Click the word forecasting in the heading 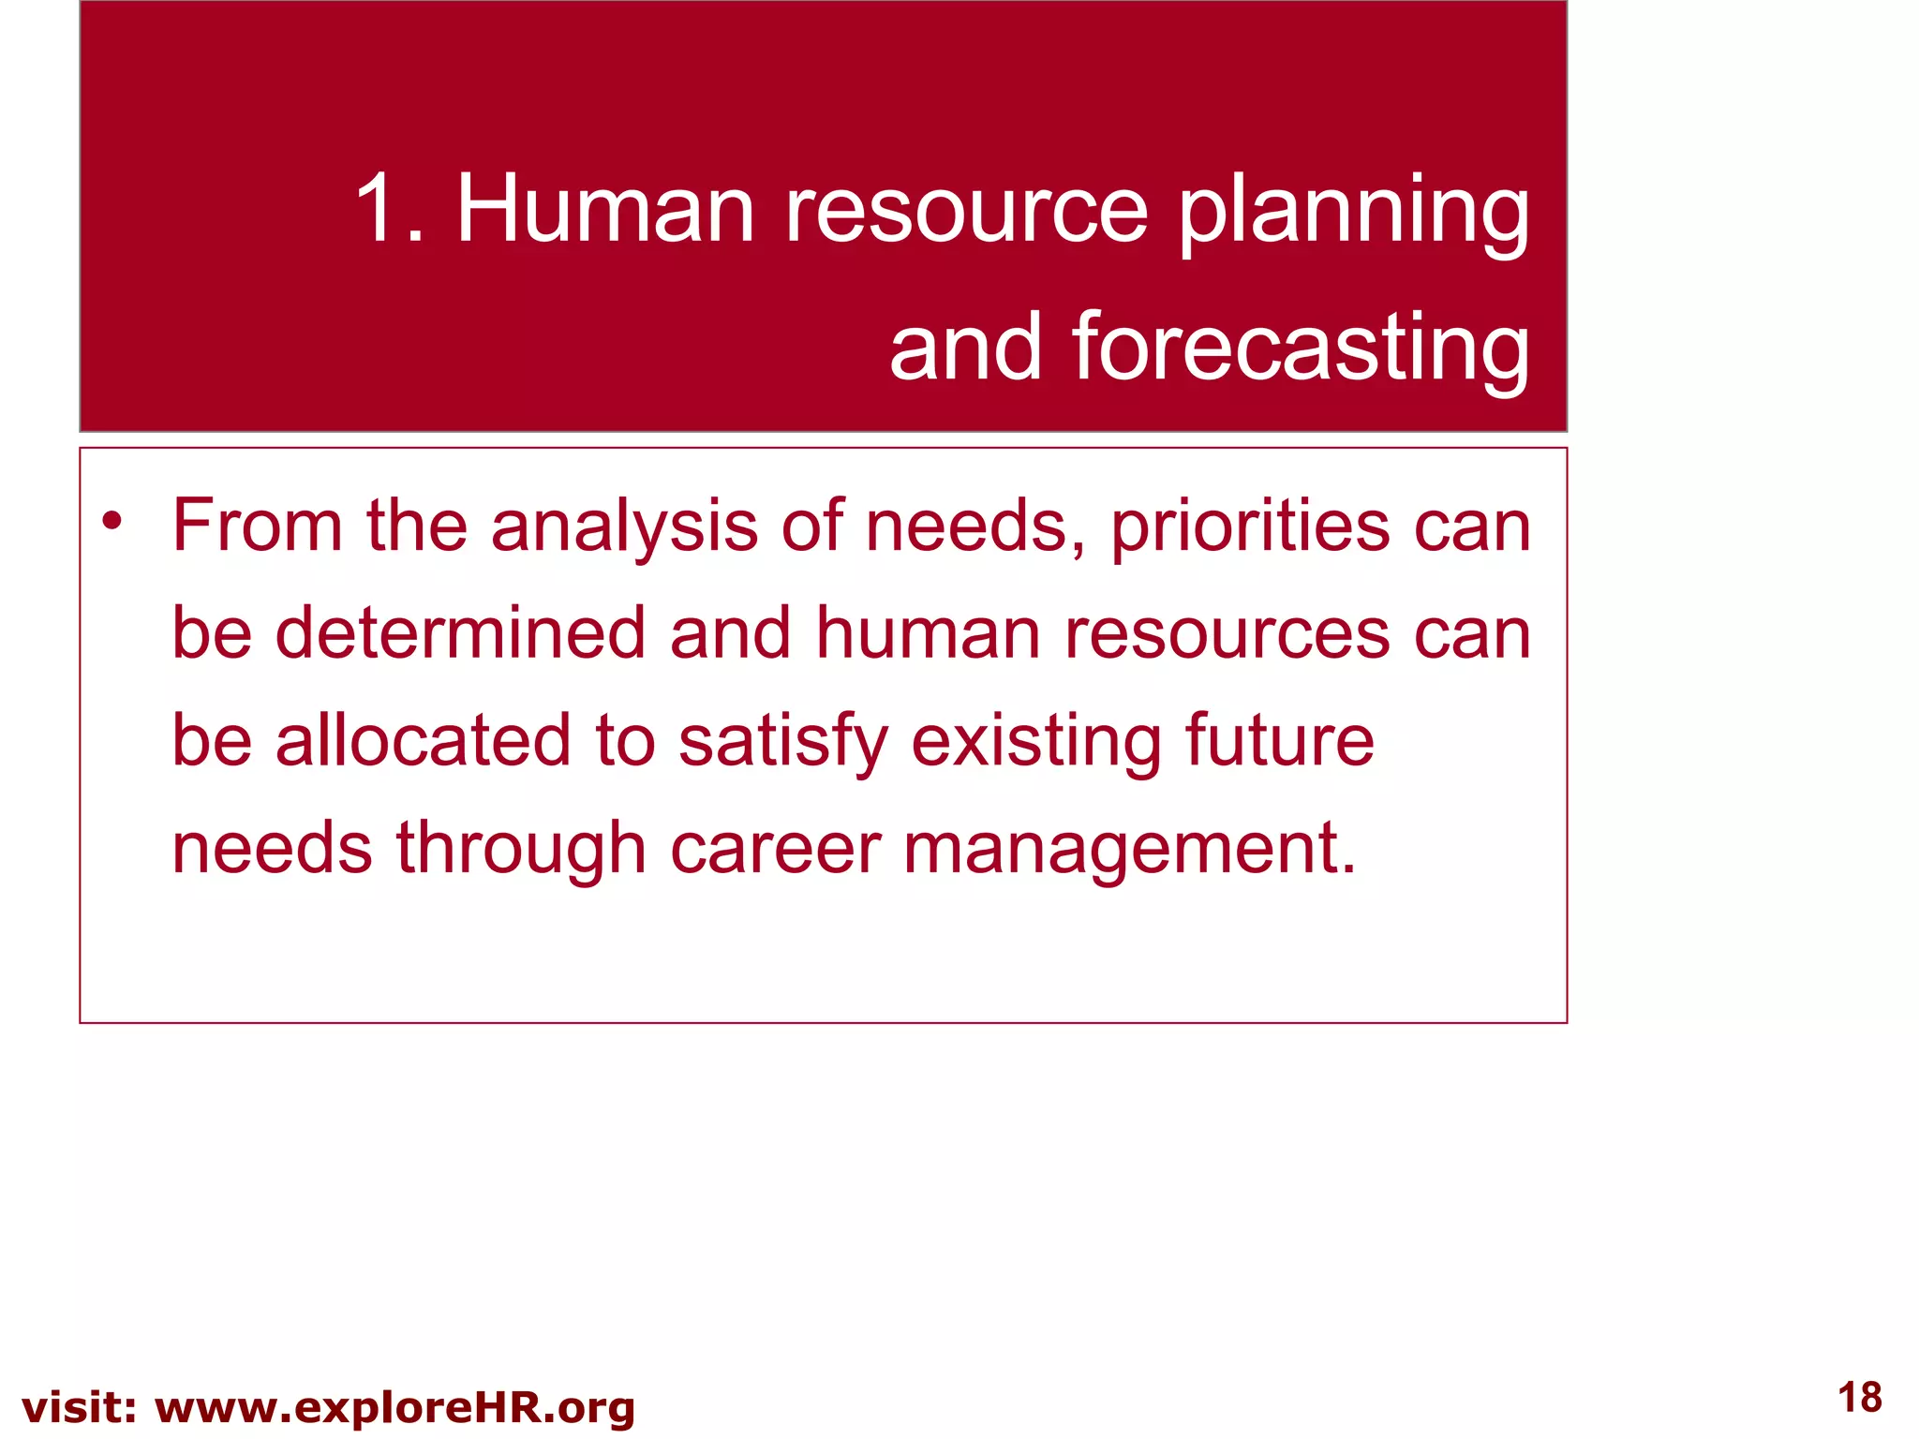click(x=1301, y=349)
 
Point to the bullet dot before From click(x=112, y=521)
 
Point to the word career click(x=775, y=849)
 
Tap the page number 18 click(x=1859, y=1397)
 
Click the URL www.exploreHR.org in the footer click(x=394, y=1408)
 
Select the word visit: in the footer click(x=80, y=1408)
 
